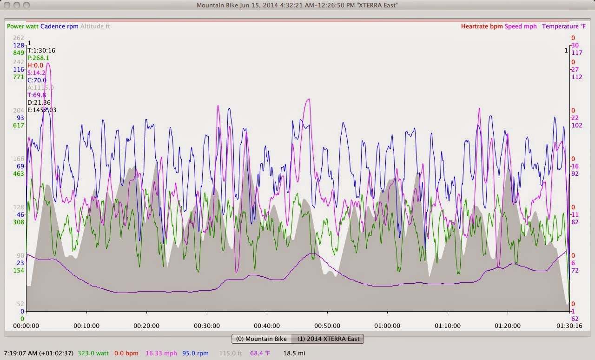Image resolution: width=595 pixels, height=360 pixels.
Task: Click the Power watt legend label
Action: coord(22,27)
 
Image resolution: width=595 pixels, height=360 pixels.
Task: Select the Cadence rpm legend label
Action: coord(59,27)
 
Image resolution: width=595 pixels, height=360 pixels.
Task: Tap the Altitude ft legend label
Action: coord(95,27)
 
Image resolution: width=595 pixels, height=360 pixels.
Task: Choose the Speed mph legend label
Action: coord(521,27)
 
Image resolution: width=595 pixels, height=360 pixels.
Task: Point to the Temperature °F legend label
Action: coord(560,27)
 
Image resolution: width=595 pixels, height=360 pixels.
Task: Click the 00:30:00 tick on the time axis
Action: coord(207,326)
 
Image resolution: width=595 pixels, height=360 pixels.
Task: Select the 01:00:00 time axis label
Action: coord(387,326)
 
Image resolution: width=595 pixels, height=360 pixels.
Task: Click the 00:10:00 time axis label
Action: coord(86,326)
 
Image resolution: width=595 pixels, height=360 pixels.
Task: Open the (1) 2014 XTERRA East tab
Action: coord(328,339)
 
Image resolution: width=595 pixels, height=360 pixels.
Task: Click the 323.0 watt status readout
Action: coord(93,353)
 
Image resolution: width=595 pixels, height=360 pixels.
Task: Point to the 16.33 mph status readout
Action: coord(161,353)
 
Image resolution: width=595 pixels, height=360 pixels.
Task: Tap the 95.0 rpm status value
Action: coord(195,353)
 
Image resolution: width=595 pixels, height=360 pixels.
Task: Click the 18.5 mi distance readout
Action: coord(294,353)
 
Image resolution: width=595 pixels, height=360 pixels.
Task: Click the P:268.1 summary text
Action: coord(38,58)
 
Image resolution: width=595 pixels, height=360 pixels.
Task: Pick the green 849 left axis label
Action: coord(19,53)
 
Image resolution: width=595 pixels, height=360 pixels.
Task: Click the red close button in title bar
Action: coord(7,5)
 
